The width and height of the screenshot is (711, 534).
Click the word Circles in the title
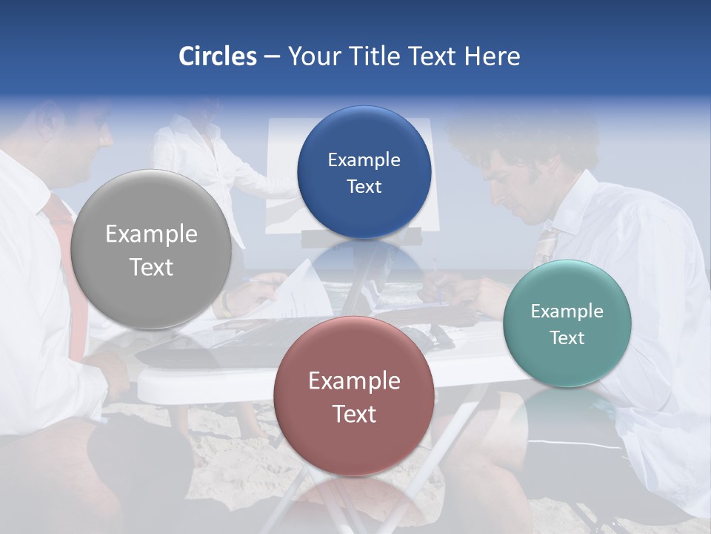pos(217,56)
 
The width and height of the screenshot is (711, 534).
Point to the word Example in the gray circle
pos(151,234)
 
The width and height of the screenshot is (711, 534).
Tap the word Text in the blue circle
pos(364,187)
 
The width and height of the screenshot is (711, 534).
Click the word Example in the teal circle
pos(567,311)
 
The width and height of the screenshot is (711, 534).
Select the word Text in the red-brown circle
pos(354,414)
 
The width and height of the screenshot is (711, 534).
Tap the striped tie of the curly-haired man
pos(546,245)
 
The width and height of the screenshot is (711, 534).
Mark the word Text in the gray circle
pos(151,267)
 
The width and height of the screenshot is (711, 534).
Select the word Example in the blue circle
pos(364,160)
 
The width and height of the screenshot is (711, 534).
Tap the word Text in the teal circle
pos(567,338)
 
